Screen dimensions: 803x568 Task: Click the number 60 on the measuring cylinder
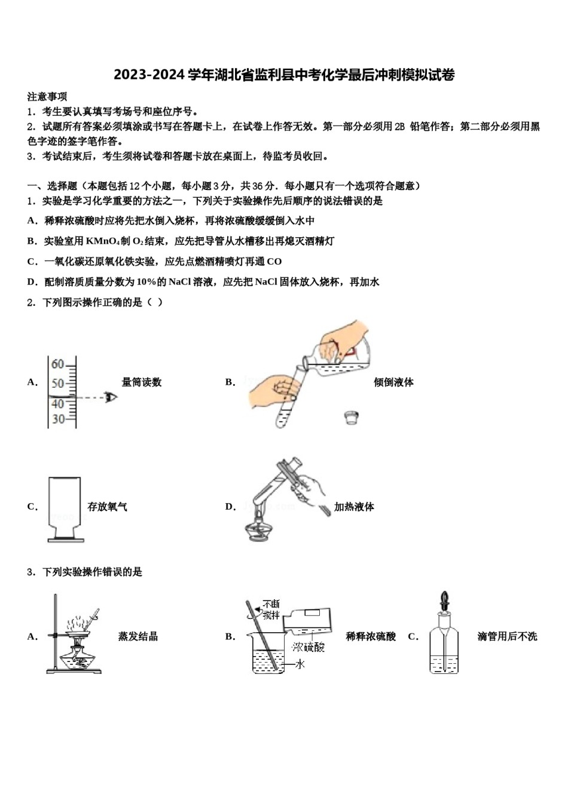pyautogui.click(x=57, y=364)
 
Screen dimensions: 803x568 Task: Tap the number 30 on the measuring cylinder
pyautogui.click(x=58, y=419)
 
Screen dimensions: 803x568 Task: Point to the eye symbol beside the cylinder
pyautogui.click(x=111, y=397)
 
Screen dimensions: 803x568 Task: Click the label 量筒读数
pyautogui.click(x=142, y=382)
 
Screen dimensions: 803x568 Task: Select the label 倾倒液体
pyautogui.click(x=393, y=382)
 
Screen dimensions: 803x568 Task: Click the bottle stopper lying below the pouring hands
pyautogui.click(x=352, y=417)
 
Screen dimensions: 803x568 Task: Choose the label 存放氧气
pyautogui.click(x=108, y=507)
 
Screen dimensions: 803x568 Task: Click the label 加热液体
pyautogui.click(x=354, y=507)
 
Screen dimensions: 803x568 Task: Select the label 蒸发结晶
pyautogui.click(x=138, y=637)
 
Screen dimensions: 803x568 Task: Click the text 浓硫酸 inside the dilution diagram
pyautogui.click(x=308, y=647)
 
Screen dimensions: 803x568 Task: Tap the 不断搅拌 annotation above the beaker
pyautogui.click(x=271, y=609)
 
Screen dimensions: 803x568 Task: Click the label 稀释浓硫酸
pyautogui.click(x=371, y=637)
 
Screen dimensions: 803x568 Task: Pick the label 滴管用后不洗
pyautogui.click(x=507, y=637)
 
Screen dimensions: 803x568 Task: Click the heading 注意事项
pyautogui.click(x=47, y=96)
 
